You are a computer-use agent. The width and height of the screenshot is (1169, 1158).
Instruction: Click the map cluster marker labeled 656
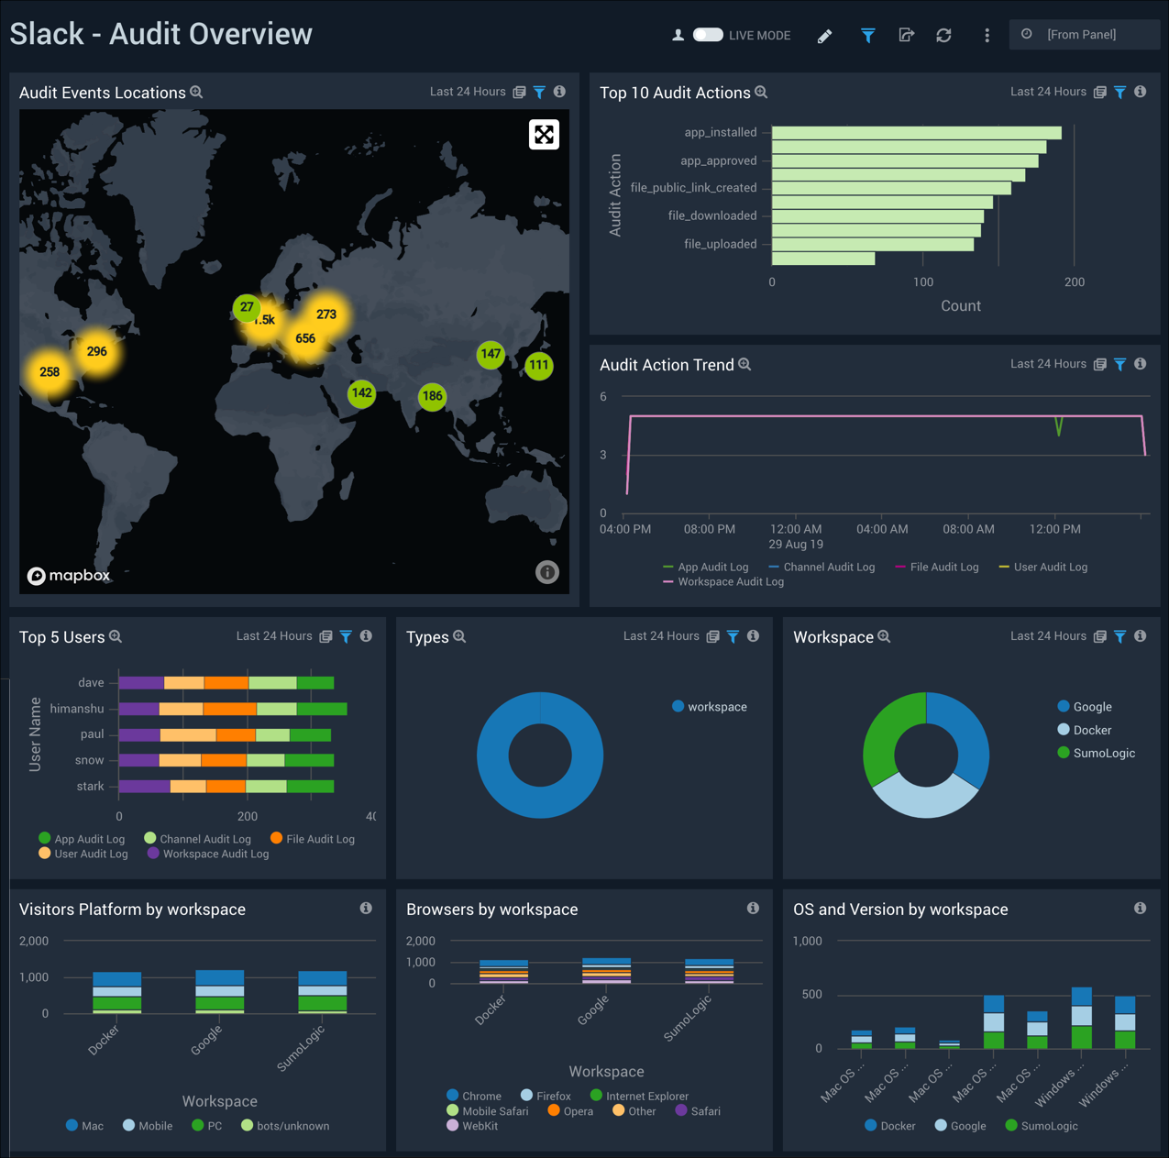coord(305,338)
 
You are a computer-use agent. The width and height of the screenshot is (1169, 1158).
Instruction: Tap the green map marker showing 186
coord(432,397)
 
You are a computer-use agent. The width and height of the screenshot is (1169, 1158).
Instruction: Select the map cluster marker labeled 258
coord(50,372)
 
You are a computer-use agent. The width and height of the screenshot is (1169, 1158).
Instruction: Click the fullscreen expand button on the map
coord(544,135)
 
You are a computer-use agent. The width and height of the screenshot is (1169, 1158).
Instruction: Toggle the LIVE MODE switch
coord(708,35)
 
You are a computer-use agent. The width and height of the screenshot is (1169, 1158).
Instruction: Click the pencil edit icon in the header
coord(824,36)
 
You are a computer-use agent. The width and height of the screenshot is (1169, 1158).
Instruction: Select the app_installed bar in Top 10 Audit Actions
coord(916,133)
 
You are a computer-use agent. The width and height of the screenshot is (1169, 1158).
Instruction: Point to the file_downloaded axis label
coord(712,216)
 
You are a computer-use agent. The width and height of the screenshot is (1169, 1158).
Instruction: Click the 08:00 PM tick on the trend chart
coord(709,529)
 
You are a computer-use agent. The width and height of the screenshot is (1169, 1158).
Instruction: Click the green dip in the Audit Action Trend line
coord(1059,427)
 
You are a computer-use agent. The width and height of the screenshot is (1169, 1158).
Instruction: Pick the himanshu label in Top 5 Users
coord(77,709)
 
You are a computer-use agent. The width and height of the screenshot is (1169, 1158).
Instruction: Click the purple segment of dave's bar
coord(141,683)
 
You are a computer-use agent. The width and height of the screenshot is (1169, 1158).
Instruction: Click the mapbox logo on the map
coord(69,576)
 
